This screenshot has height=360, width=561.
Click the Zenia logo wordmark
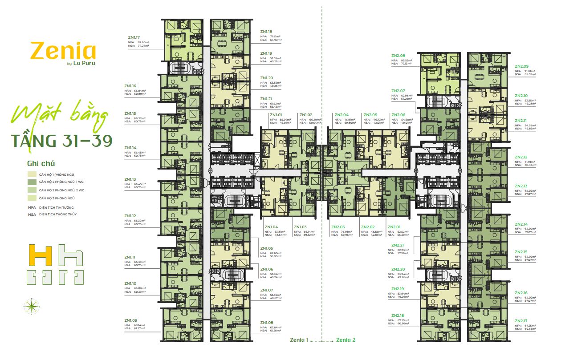63,52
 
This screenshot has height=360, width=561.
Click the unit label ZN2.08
398,56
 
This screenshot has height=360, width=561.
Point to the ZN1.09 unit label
130,320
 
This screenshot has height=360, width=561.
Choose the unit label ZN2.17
521,320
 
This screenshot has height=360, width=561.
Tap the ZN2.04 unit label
341,115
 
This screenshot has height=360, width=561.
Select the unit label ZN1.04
271,227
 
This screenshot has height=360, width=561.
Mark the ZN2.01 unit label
394,227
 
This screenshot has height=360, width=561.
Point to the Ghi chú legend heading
41,163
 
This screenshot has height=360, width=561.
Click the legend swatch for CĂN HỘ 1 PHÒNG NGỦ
32,174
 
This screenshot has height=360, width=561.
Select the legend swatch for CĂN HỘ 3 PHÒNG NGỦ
32,198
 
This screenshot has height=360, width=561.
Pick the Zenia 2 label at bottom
346,340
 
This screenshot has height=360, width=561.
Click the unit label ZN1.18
266,32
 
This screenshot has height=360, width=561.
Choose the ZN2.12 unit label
521,157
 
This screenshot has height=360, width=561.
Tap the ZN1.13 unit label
130,179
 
